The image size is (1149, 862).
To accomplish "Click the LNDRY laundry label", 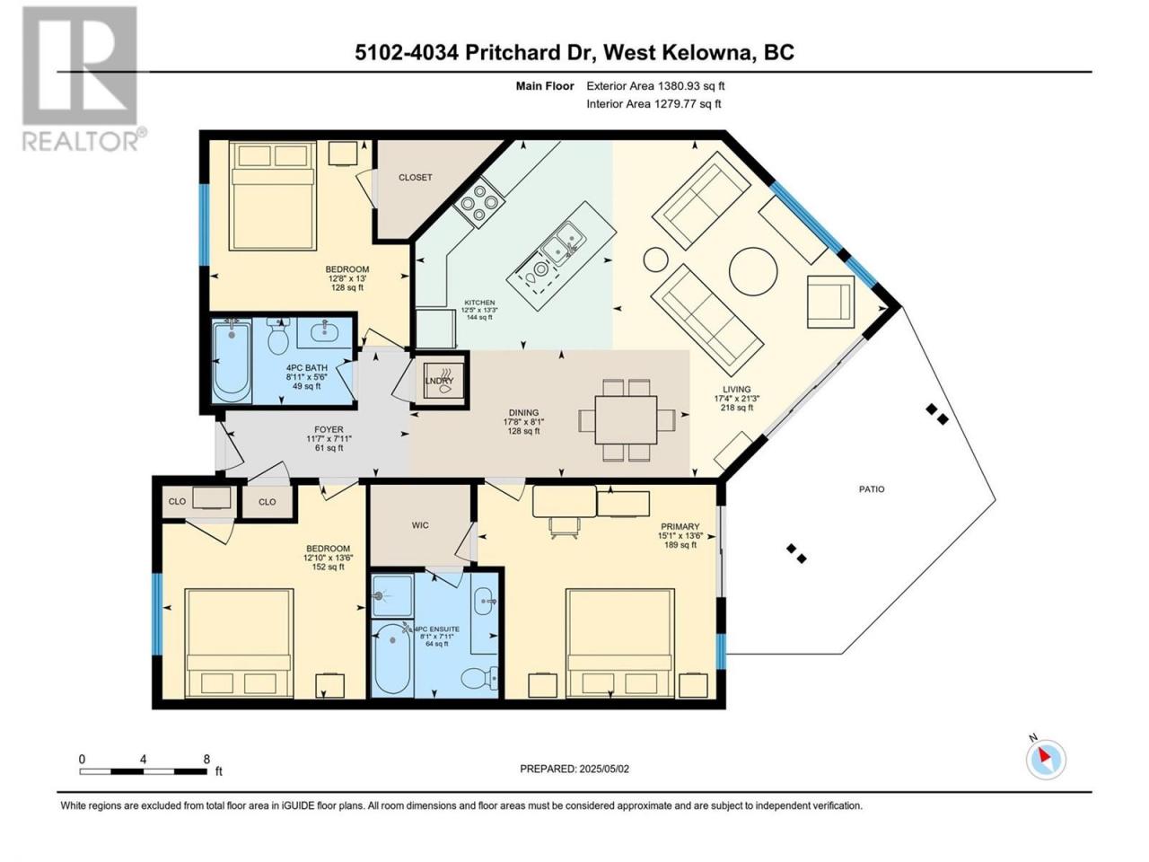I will click(439, 381).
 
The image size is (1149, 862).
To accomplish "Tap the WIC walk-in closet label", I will click(420, 525).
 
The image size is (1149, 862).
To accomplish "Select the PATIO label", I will click(872, 489).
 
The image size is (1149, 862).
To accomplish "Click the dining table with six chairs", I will click(627, 419).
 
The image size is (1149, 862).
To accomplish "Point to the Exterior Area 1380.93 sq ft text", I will click(655, 87).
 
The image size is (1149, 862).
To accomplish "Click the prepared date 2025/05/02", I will click(581, 769).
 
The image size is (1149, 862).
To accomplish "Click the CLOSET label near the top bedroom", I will click(415, 178).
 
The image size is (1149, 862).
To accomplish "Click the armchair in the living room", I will click(830, 301).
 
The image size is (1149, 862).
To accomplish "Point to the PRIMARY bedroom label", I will click(680, 527).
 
